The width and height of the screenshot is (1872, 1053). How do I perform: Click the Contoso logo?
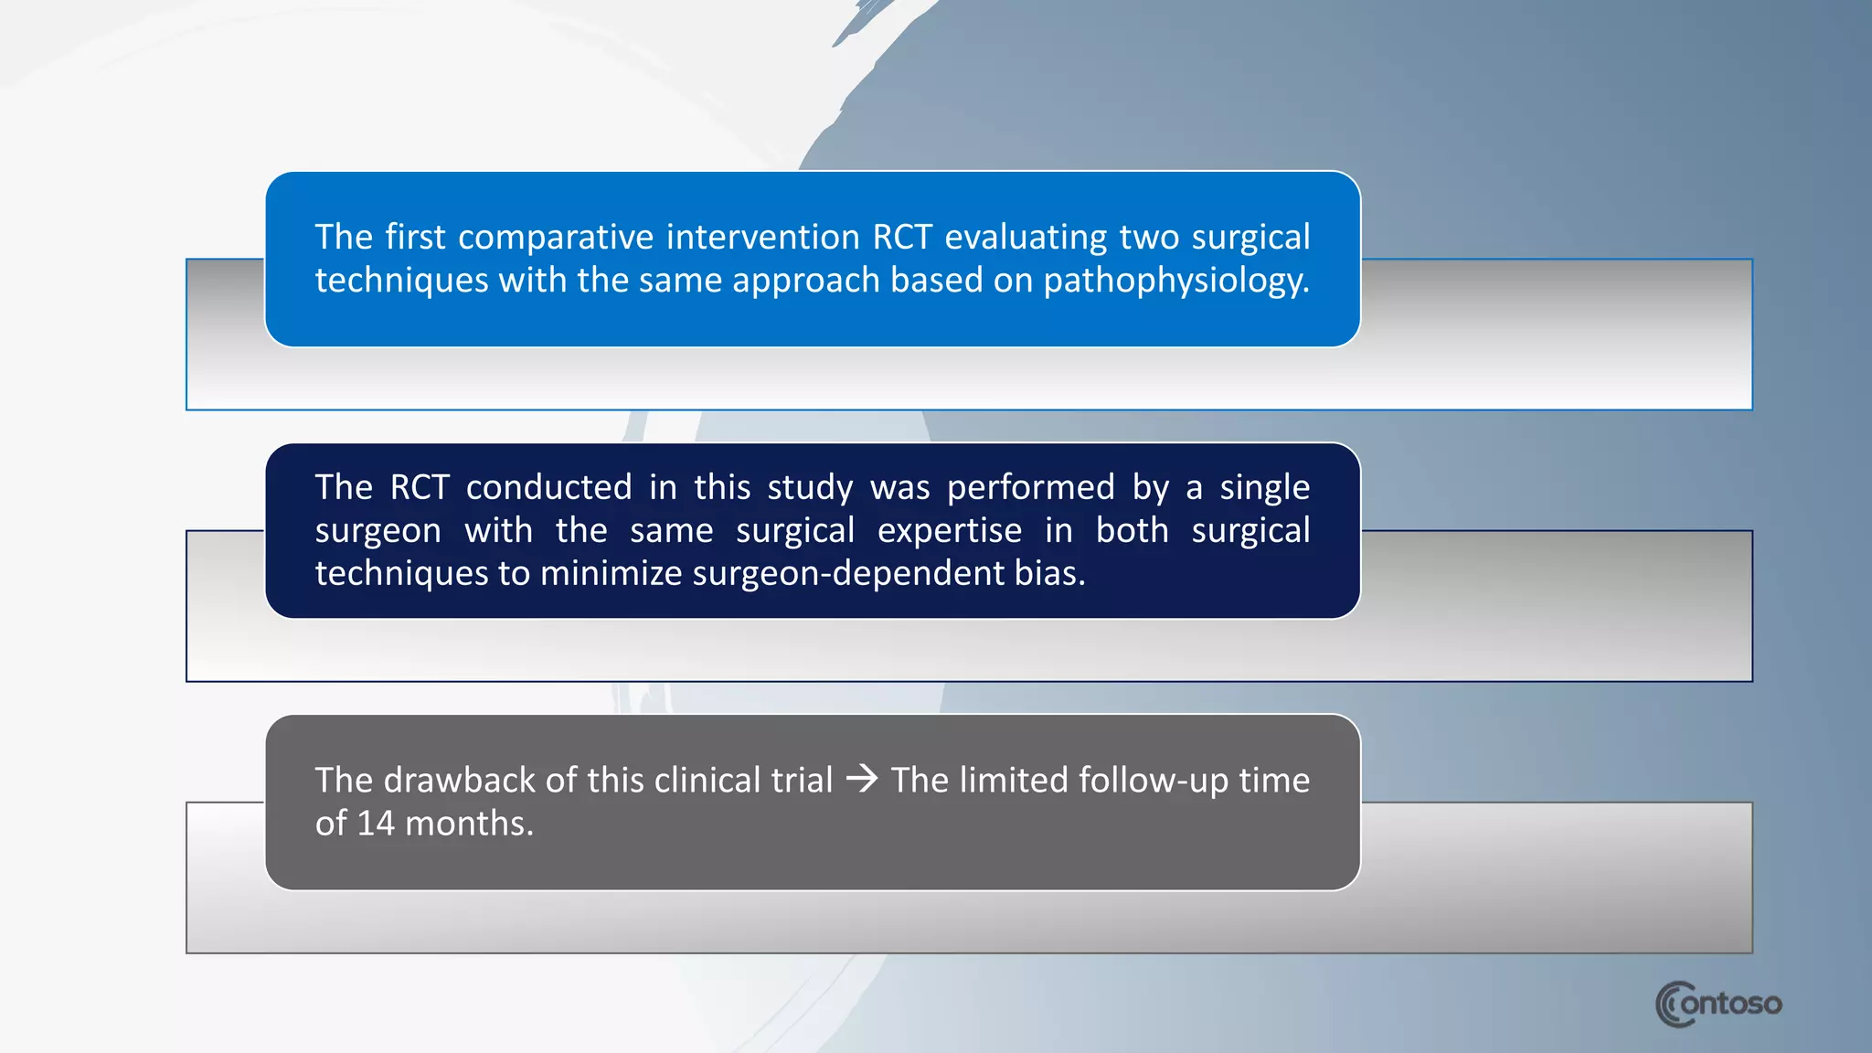pyautogui.click(x=1718, y=1004)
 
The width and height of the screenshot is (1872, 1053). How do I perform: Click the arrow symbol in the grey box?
pyautogui.click(x=862, y=780)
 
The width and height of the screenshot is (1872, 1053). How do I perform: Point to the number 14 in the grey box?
pyautogui.click(x=376, y=824)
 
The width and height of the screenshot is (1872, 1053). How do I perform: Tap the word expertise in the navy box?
pyautogui.click(x=949, y=531)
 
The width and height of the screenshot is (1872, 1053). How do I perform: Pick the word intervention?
pyautogui.click(x=762, y=238)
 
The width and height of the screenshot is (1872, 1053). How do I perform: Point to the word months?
pyautogui.click(x=469, y=824)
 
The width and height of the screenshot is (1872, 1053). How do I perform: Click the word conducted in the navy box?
pyautogui.click(x=548, y=487)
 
